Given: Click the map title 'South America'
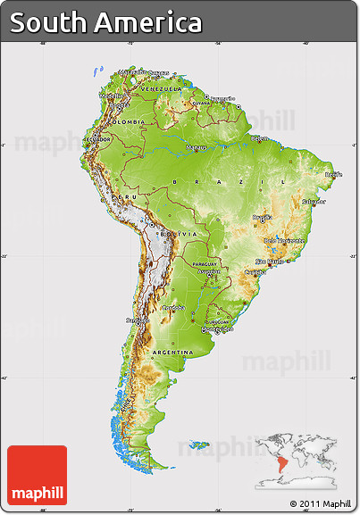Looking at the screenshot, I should click(106, 22).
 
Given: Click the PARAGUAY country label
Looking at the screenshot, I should click(205, 264).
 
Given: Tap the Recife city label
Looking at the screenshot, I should click(333, 175).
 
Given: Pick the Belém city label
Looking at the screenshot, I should click(259, 139).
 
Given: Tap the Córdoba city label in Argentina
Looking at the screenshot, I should click(172, 307).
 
